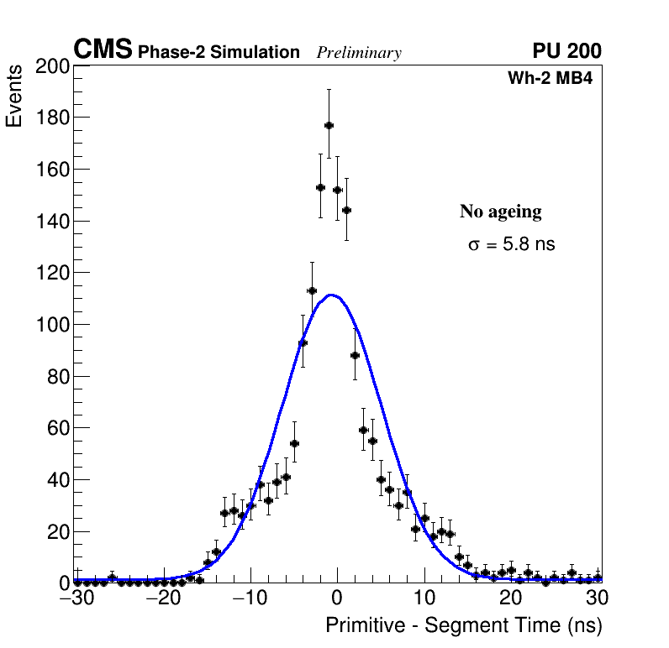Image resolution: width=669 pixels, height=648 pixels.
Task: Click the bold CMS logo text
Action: coord(103,50)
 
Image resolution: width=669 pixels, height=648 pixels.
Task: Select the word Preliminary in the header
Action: coord(359,53)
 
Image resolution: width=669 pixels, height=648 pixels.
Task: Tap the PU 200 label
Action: coord(566,51)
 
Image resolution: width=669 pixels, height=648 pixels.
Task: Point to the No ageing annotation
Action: coord(500,212)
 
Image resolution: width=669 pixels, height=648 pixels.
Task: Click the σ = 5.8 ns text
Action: coord(512,245)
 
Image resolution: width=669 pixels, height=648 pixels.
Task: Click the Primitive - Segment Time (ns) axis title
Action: coord(463,625)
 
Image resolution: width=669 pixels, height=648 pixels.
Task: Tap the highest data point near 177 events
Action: coord(329,125)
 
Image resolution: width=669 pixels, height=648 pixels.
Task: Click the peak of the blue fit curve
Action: coord(333,295)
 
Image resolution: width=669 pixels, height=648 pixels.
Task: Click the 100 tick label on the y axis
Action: coord(51,325)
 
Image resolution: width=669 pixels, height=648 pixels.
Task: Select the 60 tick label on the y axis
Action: coord(56,428)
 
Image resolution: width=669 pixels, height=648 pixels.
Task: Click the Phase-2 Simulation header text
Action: coord(219,53)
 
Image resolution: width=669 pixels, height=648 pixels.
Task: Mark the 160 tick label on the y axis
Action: coord(51,170)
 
